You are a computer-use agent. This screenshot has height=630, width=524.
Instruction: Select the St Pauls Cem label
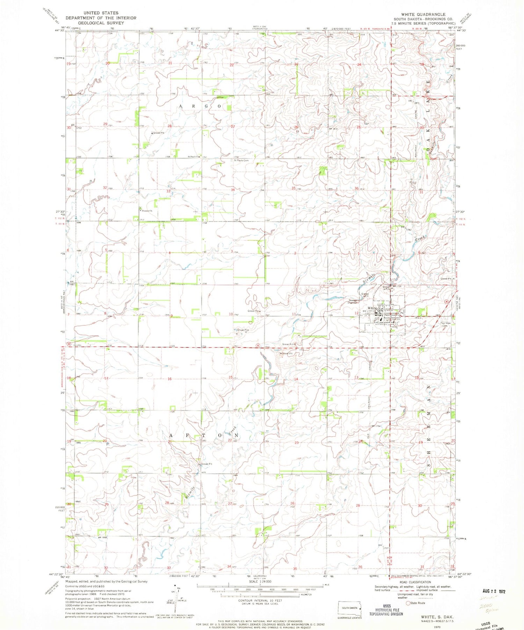pos(241,160)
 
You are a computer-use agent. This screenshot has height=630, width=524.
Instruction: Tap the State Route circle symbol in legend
pos(408,603)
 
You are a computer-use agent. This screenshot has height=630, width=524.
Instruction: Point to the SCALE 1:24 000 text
pos(260,581)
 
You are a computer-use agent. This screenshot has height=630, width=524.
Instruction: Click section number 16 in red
pos(170,379)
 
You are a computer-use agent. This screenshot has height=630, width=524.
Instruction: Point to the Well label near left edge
pos(78,502)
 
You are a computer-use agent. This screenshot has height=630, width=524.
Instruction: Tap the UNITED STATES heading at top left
pos(101,13)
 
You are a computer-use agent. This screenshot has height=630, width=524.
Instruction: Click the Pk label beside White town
pos(402,313)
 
